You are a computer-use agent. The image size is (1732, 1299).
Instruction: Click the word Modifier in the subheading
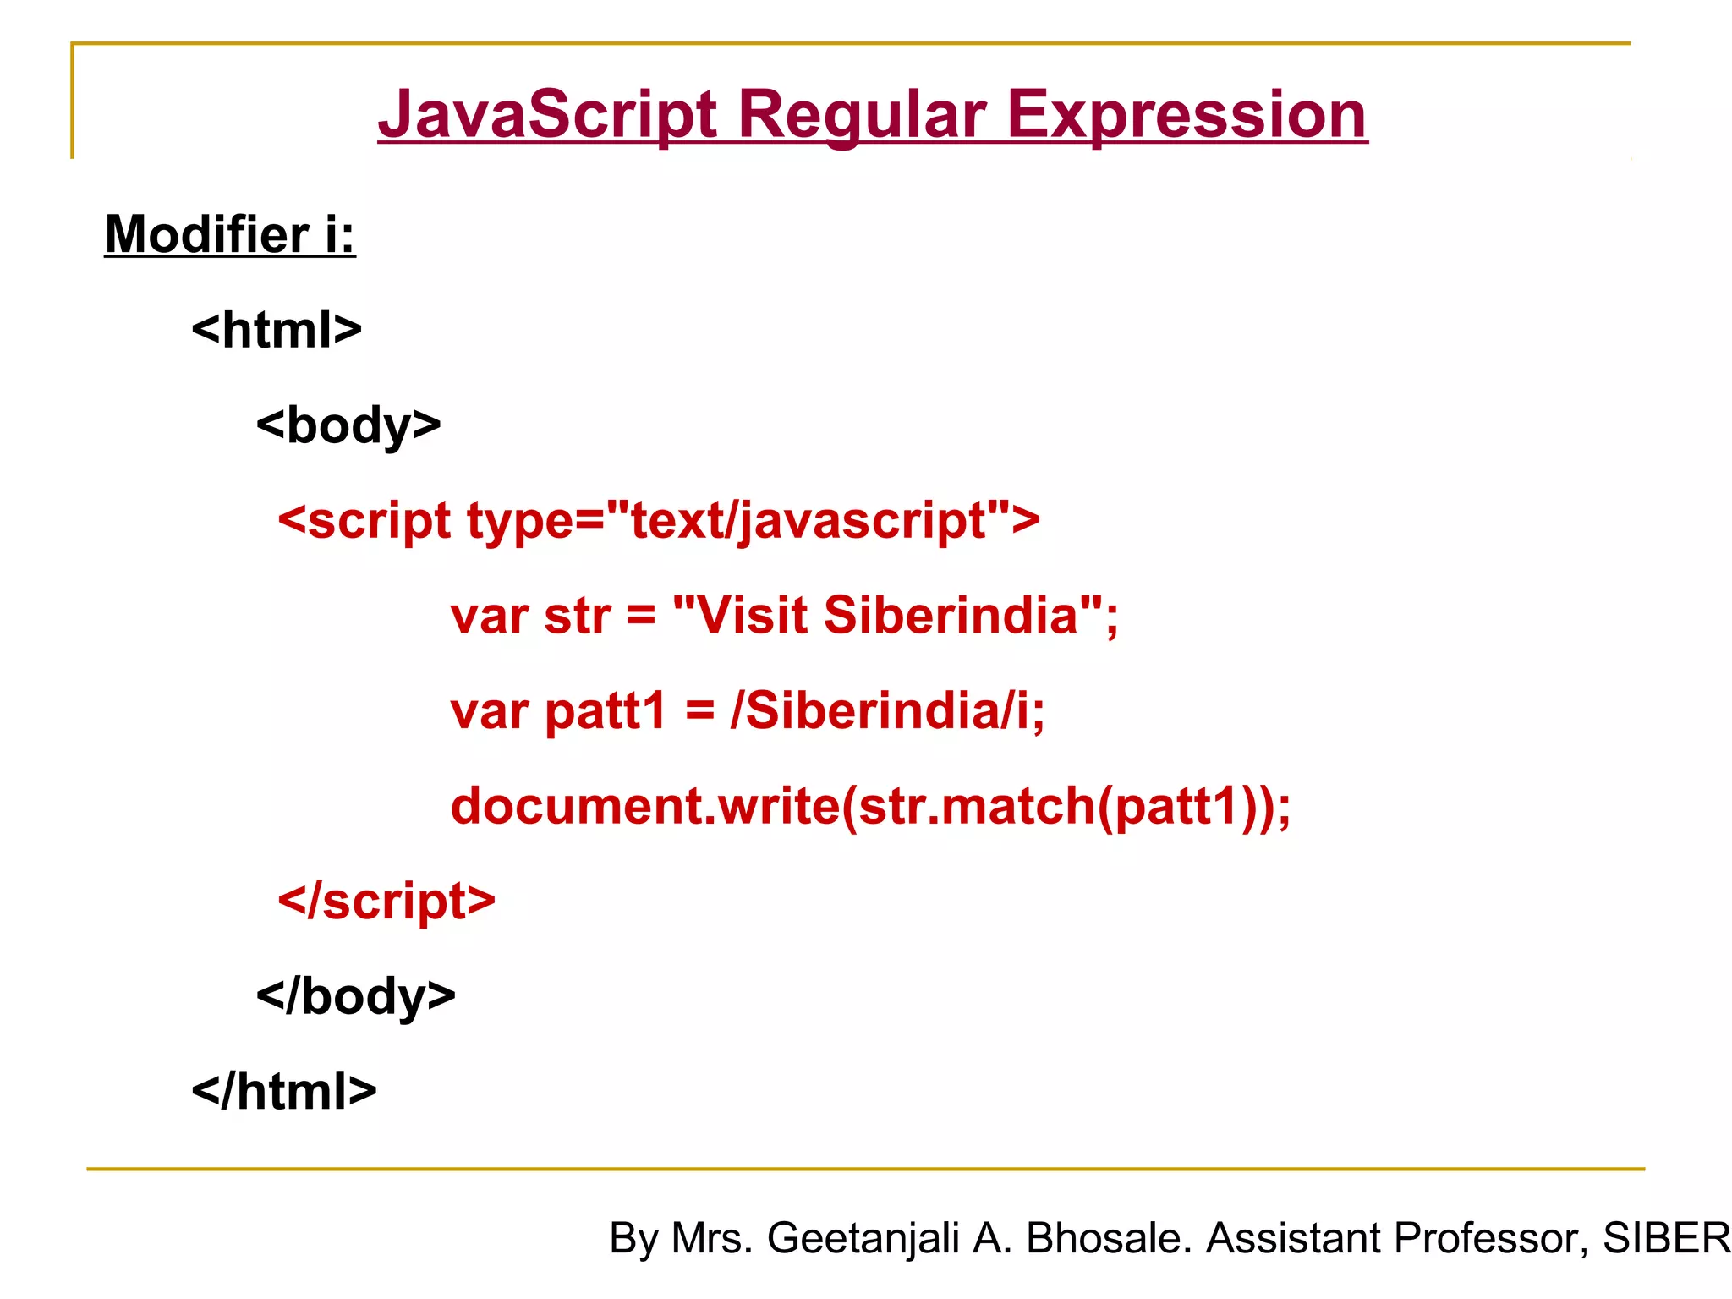[207, 234]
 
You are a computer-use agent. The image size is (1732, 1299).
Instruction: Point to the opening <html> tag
[277, 330]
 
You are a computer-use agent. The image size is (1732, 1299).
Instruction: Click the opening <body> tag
[348, 425]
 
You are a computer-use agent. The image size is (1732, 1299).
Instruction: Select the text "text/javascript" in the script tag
[808, 520]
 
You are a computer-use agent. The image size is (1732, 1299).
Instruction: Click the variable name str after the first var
[578, 615]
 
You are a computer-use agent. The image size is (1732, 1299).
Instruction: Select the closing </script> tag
[386, 901]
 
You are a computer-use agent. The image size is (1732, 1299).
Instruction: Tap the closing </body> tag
[355, 996]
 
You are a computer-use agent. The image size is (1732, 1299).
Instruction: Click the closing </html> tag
[284, 1091]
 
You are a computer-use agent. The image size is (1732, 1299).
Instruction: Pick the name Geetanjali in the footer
[863, 1238]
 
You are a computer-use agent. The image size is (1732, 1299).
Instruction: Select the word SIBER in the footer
[1666, 1238]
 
